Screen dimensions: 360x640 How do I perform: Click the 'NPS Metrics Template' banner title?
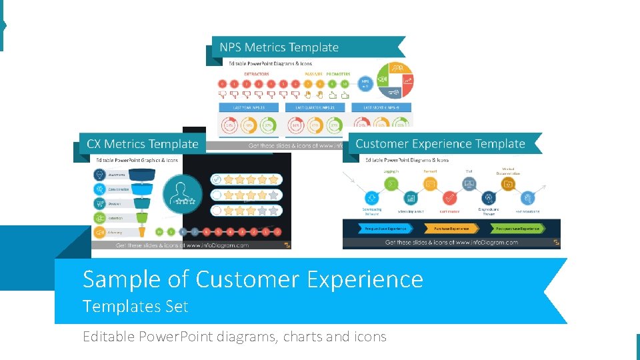pyautogui.click(x=279, y=47)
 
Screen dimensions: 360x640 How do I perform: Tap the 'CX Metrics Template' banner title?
pyautogui.click(x=143, y=144)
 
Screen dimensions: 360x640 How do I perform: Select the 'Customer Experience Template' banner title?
pyautogui.click(x=440, y=144)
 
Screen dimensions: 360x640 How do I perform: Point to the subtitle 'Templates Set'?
pyautogui.click(x=135, y=307)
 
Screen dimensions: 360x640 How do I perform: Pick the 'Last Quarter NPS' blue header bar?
pyautogui.click(x=315, y=107)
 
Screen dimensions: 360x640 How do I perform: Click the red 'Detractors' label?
pyautogui.click(x=257, y=73)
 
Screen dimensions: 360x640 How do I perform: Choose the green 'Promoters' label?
pyautogui.click(x=339, y=73)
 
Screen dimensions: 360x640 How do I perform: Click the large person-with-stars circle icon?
pyautogui.click(x=183, y=194)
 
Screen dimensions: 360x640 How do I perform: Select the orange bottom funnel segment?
pyautogui.click(x=142, y=232)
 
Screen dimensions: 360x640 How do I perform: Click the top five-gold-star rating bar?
pyautogui.click(x=247, y=179)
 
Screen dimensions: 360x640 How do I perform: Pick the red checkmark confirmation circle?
pyautogui.click(x=450, y=198)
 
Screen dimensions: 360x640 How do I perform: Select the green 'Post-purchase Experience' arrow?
pyautogui.click(x=516, y=228)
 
